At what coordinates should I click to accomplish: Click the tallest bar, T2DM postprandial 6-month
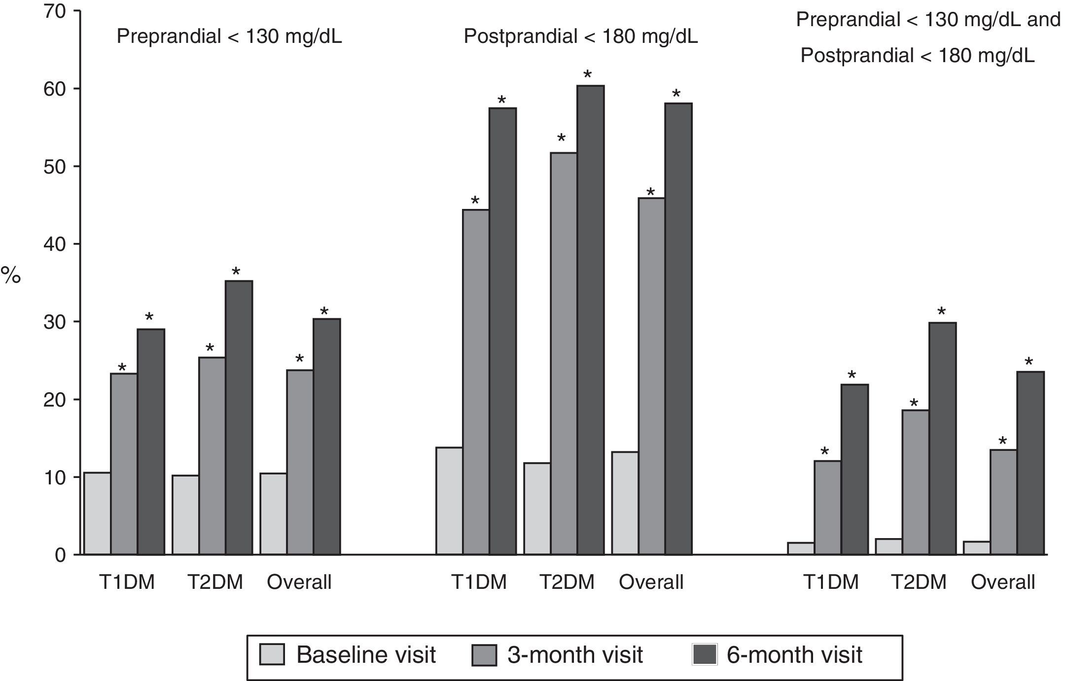(591, 320)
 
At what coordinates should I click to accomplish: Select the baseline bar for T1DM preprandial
(97, 513)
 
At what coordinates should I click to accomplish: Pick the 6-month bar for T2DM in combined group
(942, 439)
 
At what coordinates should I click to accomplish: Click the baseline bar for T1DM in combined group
(801, 548)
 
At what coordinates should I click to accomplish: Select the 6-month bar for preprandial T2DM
(239, 418)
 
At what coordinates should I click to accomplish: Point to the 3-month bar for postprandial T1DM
(476, 382)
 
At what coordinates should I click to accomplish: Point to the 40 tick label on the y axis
(54, 244)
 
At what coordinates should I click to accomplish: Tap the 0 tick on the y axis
(60, 555)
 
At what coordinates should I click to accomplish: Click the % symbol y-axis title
(11, 276)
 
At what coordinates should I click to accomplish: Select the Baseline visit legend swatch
(272, 655)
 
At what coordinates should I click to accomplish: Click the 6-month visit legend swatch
(705, 655)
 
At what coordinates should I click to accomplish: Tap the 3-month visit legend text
(575, 655)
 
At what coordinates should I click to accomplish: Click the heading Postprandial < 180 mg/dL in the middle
(580, 36)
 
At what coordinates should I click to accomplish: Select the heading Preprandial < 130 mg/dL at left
(229, 36)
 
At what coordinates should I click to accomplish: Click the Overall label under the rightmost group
(1002, 582)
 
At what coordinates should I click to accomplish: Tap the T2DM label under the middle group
(567, 582)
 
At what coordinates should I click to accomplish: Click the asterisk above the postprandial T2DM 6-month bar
(587, 75)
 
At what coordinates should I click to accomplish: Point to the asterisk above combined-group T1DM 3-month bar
(825, 451)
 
